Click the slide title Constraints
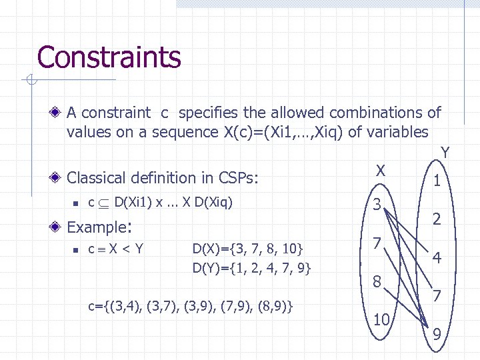(x=109, y=57)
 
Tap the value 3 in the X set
(x=377, y=205)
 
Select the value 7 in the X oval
(x=377, y=245)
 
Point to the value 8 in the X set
(x=377, y=283)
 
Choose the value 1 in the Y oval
(x=436, y=181)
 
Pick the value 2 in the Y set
(x=436, y=219)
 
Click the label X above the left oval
(x=379, y=171)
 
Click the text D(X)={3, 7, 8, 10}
(x=248, y=249)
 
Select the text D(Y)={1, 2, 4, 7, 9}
(x=251, y=269)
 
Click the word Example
(x=96, y=227)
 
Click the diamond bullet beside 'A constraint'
(x=57, y=113)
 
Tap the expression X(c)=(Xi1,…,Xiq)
(x=266, y=132)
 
